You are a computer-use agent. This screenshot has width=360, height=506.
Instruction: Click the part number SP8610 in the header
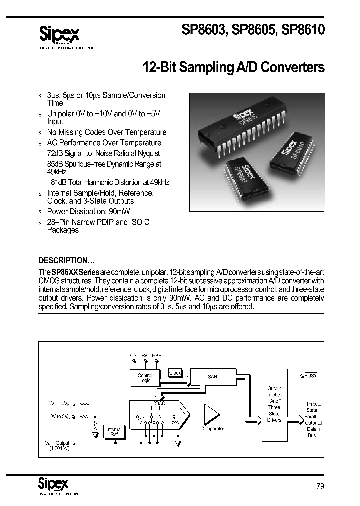pos(303,30)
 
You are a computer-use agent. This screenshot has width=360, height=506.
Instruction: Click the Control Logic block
pos(144,377)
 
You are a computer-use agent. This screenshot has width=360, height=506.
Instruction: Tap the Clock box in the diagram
pos(175,373)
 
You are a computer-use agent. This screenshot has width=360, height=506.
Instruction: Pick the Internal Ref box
pos(113,432)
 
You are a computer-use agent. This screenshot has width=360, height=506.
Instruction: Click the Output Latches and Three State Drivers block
pos(274,405)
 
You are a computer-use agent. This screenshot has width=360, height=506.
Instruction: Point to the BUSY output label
pos(311,375)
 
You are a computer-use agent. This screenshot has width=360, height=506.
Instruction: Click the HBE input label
pos(157,355)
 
